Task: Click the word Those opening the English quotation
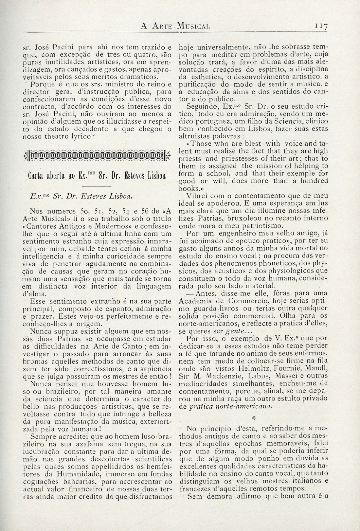[x=203, y=143]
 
